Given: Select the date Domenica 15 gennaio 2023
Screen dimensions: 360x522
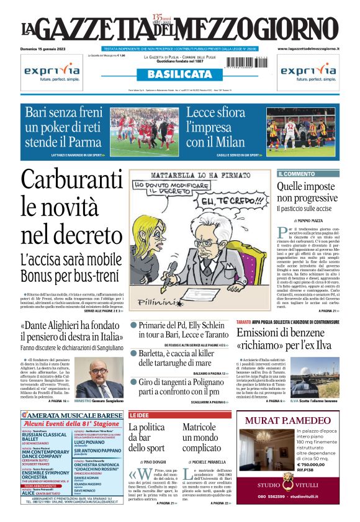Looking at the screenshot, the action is tap(45, 48).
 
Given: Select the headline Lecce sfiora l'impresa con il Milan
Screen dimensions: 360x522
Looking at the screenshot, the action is tap(215, 128).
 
